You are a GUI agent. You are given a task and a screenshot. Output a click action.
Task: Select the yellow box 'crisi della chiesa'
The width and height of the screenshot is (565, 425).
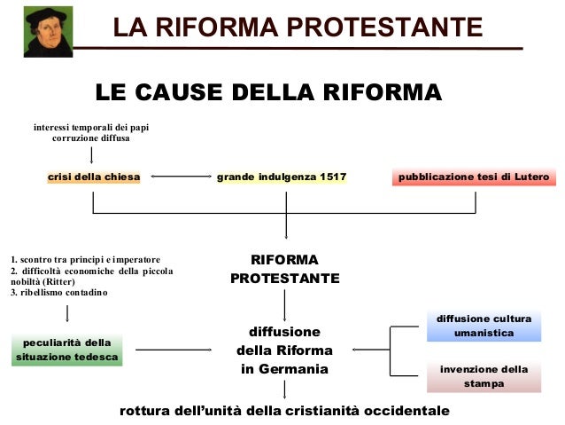pyautogui.click(x=94, y=177)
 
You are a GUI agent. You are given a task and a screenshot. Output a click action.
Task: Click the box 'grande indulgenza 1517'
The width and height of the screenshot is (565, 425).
pyautogui.click(x=281, y=177)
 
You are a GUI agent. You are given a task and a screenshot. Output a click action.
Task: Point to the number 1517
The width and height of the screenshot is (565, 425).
pyautogui.click(x=333, y=177)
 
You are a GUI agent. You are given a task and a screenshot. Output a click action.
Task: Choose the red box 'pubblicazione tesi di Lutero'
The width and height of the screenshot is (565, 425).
pyautogui.click(x=475, y=177)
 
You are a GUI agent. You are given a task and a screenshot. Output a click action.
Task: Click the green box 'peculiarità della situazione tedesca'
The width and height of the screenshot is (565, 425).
pyautogui.click(x=67, y=350)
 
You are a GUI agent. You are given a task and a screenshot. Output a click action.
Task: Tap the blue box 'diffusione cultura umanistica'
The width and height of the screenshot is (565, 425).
pyautogui.click(x=483, y=326)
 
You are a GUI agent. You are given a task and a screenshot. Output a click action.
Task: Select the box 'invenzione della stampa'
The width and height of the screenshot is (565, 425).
pyautogui.click(x=483, y=376)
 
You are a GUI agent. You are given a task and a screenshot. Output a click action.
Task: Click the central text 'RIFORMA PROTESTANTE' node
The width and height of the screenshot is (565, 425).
pyautogui.click(x=284, y=269)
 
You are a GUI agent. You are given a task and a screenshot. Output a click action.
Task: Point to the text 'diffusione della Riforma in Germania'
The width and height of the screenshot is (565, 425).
pyautogui.click(x=284, y=350)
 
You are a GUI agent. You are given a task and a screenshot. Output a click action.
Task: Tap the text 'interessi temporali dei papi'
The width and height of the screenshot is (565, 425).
pyautogui.click(x=91, y=128)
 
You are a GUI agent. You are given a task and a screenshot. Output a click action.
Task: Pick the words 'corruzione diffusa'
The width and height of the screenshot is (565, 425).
pyautogui.click(x=91, y=139)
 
